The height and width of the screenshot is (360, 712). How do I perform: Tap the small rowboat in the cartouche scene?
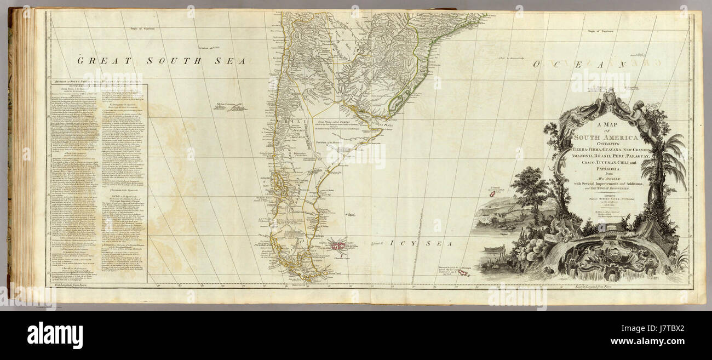pos(494,250)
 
